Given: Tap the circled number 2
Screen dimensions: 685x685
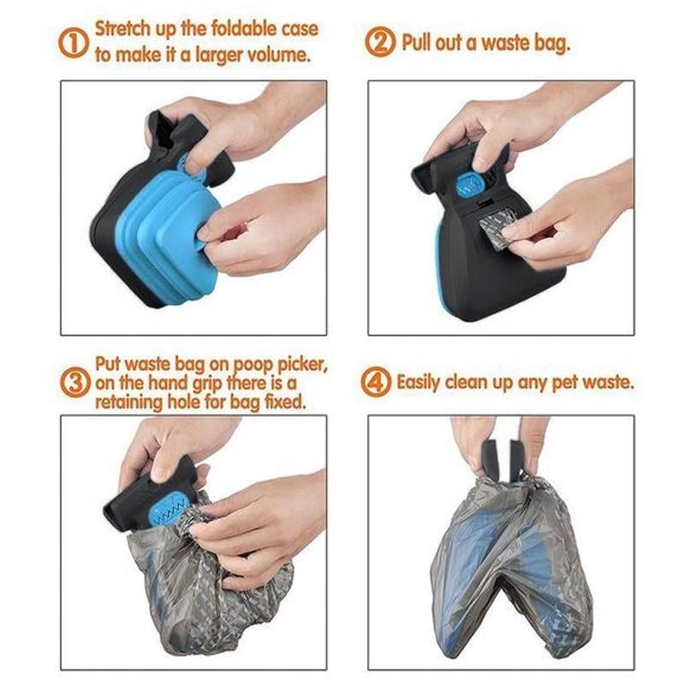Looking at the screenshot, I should pyautogui.click(x=380, y=43).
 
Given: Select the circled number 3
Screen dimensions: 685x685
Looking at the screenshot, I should pyautogui.click(x=74, y=381).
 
